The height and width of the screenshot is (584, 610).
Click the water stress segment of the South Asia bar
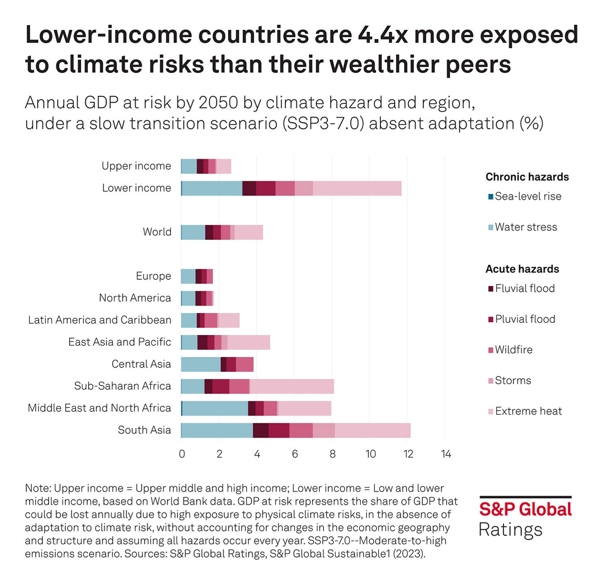tap(217, 430)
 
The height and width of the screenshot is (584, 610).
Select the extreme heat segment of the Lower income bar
tap(357, 188)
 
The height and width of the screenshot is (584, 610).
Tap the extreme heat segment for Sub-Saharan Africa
tap(292, 386)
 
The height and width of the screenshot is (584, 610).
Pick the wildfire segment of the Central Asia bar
tap(244, 365)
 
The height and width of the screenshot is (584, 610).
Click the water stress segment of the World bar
tap(193, 232)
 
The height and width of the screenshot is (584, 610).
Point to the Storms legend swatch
tap(491, 381)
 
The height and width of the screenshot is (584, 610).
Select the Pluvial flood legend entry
tap(525, 319)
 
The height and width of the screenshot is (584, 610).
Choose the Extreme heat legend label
tap(529, 411)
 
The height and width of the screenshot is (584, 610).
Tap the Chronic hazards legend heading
tap(527, 177)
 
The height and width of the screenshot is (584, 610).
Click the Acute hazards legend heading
tap(522, 269)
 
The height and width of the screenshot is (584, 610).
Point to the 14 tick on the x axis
tap(446, 454)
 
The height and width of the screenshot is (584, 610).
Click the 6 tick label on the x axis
tap(295, 454)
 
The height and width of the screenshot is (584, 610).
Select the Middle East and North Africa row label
tap(99, 408)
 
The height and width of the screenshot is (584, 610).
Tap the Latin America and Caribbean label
tap(100, 320)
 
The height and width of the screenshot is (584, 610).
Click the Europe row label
tap(153, 276)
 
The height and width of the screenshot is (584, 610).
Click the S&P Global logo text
tap(525, 509)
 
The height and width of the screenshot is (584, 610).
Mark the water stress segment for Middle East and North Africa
tap(215, 408)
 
